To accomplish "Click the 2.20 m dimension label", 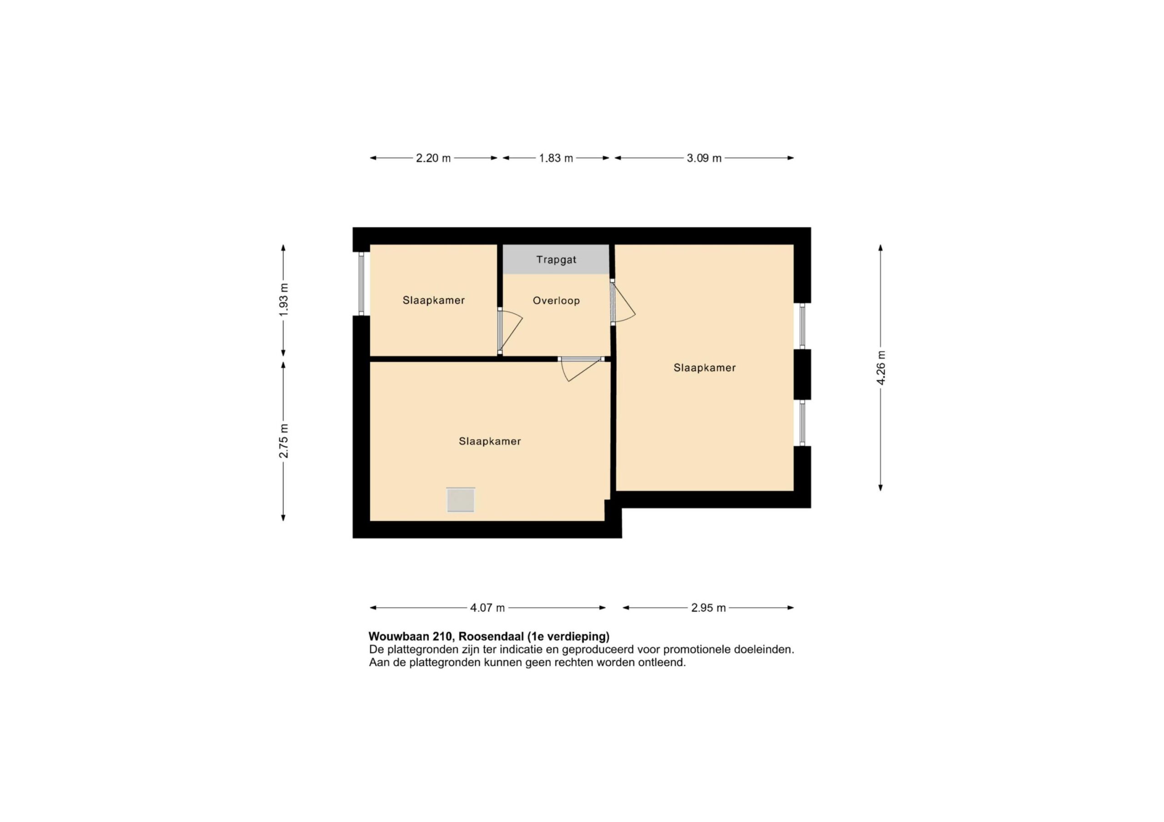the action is coord(433,158).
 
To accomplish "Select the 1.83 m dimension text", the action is coord(556,158).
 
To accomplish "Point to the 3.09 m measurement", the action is coord(704,158).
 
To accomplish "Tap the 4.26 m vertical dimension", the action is coord(881,368).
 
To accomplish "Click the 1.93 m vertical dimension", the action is coord(283,300).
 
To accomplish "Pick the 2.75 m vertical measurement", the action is coord(283,441).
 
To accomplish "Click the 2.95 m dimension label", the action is coord(708,608).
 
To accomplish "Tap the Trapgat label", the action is coord(556,260).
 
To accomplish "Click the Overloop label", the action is coord(556,301).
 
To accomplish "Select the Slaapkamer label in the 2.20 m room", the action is coord(433,300).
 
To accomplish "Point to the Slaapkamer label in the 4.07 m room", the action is coord(490,441).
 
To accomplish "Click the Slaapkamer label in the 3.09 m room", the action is coord(704,368).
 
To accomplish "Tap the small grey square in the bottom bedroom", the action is coord(460,500).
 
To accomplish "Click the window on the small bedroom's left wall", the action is coord(361,284).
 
